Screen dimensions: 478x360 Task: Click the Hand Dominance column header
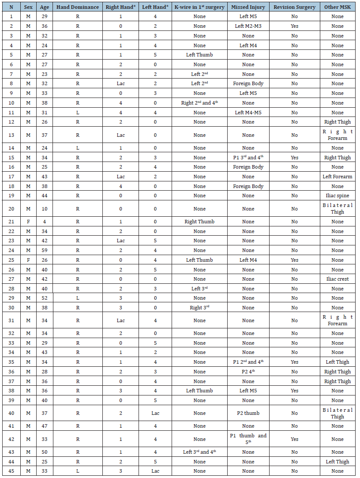pos(78,7)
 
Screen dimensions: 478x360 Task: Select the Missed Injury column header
pos(248,7)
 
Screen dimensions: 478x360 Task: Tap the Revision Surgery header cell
pos(294,7)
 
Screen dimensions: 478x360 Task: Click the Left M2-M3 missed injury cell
pos(248,26)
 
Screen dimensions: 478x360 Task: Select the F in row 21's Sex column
pos(28,222)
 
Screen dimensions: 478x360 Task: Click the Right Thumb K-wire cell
pos(199,222)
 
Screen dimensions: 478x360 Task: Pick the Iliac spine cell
pos(337,196)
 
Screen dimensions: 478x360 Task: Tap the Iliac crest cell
pos(337,279)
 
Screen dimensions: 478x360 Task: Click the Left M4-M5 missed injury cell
pos(248,113)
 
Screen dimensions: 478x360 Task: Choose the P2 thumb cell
pos(248,413)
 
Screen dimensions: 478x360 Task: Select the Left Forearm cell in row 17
pos(337,177)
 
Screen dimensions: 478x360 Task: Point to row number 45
pos(11,471)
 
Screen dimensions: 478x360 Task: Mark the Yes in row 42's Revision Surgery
pos(294,439)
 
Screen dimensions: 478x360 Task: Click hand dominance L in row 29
pos(78,298)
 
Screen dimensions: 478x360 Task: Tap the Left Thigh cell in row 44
pos(337,462)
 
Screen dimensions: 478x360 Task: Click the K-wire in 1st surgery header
pos(199,7)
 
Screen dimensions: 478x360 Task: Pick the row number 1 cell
pos(11,16)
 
